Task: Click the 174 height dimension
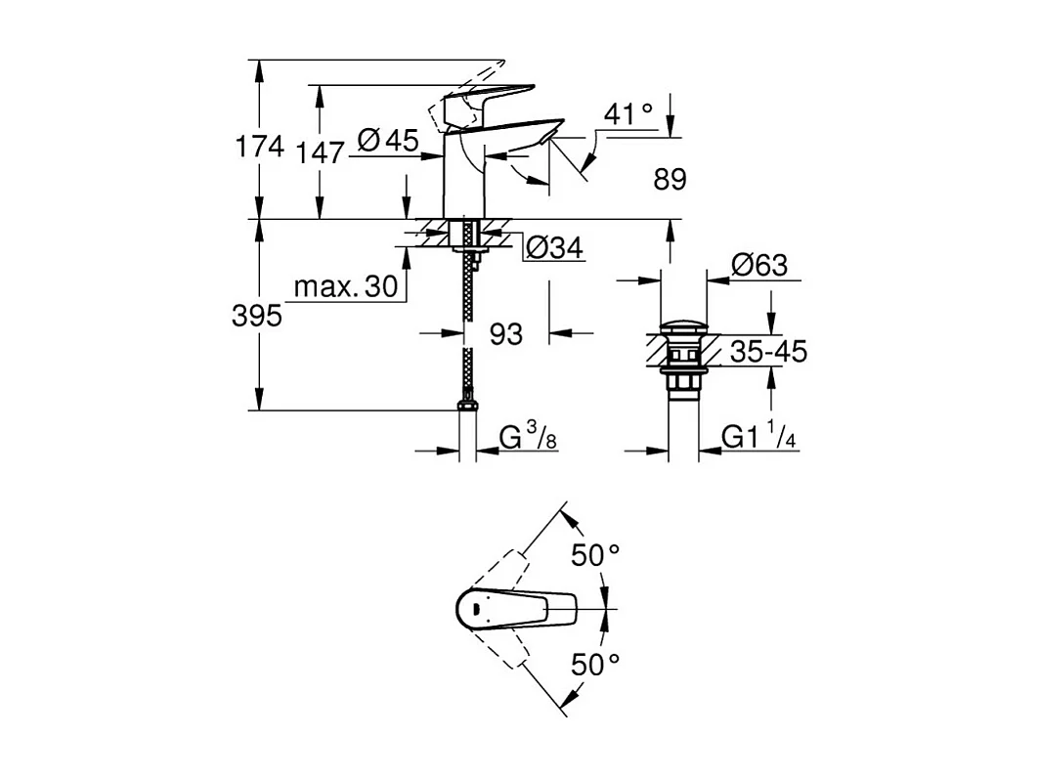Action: tap(259, 148)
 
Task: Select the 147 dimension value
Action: tap(322, 152)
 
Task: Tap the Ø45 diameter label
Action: tap(388, 141)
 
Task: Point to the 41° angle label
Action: tap(627, 114)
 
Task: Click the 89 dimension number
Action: tap(670, 179)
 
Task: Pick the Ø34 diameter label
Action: tap(554, 248)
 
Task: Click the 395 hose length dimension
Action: tap(257, 316)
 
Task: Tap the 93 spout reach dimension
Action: tap(505, 334)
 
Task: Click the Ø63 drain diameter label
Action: tap(758, 265)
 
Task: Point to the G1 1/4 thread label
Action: tap(759, 438)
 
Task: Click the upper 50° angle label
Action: tap(595, 555)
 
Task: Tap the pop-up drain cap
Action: tap(683, 325)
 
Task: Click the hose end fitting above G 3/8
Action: tap(468, 405)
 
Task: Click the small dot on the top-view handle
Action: tap(475, 609)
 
